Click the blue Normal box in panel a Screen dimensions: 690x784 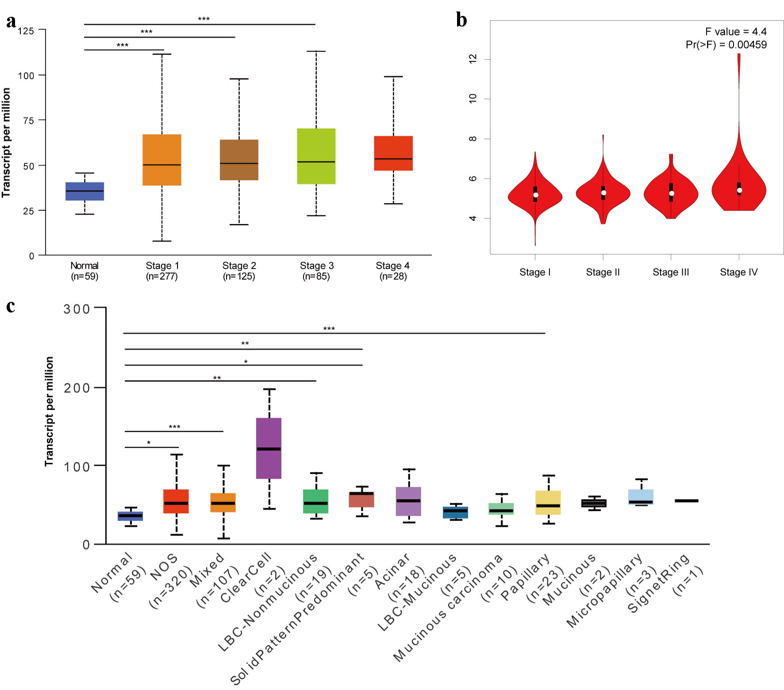85,191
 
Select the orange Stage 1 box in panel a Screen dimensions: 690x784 161,160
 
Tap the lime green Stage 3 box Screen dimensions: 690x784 316,156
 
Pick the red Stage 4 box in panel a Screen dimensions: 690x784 393,153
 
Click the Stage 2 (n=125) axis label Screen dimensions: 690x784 239,271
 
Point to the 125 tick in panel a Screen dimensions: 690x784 26,31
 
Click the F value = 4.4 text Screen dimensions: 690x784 735,32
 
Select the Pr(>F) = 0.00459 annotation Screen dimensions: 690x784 726,45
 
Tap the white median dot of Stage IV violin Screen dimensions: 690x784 739,190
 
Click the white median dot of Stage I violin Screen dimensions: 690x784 535,195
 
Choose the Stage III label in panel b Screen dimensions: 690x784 671,272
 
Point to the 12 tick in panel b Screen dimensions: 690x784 473,59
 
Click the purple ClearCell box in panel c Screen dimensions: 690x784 269,448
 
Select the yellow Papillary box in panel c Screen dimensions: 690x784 548,502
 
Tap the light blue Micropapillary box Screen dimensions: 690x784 641,497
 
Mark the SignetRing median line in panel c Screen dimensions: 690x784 687,501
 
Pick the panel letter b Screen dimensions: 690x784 461,20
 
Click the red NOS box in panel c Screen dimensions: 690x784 176,501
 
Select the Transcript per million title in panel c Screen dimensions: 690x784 49,411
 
